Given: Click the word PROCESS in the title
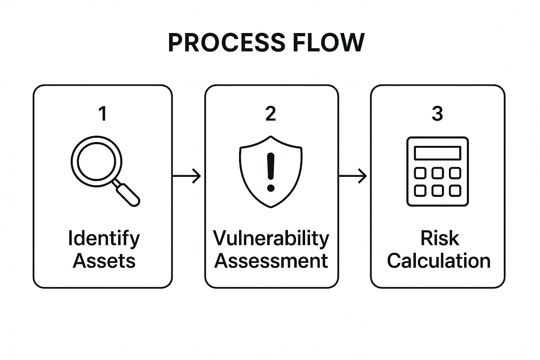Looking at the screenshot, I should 226,43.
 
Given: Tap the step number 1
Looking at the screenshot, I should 103,114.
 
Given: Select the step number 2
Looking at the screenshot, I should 270,114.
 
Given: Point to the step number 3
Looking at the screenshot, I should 437,114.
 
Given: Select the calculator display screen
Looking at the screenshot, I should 437,153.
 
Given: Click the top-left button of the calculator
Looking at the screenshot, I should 420,173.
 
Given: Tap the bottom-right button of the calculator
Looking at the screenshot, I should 455,191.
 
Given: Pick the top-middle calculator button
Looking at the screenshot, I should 437,173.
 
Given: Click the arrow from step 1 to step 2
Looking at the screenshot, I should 187,175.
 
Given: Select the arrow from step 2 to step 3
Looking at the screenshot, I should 353,175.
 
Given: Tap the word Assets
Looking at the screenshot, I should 104,261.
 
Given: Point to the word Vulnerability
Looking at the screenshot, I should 271,238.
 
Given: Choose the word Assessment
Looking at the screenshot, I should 271,261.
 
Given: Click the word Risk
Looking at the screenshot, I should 439,238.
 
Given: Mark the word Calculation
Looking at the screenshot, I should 438,261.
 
